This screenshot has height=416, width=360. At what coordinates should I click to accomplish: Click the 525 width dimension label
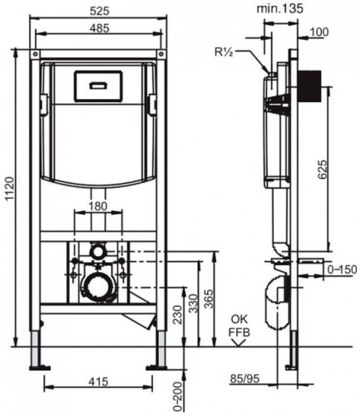(x=100, y=11)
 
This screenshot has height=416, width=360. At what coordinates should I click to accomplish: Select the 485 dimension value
(x=100, y=28)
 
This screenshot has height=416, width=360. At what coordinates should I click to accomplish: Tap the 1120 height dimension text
(x=10, y=189)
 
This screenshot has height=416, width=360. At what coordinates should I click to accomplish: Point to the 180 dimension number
(x=98, y=206)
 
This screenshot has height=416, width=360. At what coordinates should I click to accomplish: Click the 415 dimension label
(x=98, y=382)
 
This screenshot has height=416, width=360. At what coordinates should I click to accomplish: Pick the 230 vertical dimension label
(x=179, y=314)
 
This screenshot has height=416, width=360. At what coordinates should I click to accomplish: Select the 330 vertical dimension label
(x=194, y=304)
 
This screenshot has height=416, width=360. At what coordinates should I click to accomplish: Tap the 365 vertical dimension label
(x=210, y=299)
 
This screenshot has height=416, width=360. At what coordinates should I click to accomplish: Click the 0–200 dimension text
(x=179, y=397)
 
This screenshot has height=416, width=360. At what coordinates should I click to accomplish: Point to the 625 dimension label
(x=323, y=169)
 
